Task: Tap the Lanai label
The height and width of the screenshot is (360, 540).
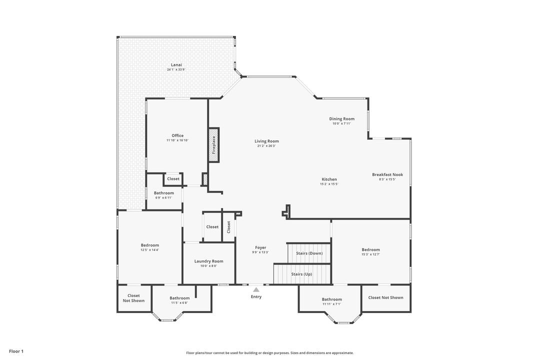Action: tap(176, 64)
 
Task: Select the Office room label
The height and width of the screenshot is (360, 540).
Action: tap(177, 135)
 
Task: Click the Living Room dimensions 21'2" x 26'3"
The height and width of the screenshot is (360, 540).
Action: tap(266, 146)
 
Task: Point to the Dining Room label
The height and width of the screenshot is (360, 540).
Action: tap(341, 119)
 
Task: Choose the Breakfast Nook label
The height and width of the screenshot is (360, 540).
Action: tap(387, 174)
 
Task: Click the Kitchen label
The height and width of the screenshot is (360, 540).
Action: tap(329, 179)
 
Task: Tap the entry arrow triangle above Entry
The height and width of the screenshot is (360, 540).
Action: tap(256, 289)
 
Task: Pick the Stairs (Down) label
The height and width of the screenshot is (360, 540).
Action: tap(309, 253)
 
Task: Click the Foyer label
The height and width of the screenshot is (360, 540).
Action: tap(260, 247)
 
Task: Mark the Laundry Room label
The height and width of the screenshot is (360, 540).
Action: tap(208, 261)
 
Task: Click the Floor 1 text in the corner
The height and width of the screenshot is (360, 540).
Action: tap(16, 351)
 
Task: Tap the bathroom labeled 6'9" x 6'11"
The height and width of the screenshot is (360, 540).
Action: tap(163, 193)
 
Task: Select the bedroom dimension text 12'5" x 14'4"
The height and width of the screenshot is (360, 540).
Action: tap(149, 249)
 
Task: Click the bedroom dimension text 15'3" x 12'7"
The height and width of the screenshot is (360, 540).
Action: tap(370, 254)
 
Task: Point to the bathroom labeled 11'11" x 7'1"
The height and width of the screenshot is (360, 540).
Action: tap(331, 299)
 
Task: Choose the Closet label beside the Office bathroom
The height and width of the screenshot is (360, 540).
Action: tap(173, 178)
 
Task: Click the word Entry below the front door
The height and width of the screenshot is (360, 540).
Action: tap(256, 297)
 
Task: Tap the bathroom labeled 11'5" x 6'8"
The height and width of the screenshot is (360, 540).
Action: tap(179, 298)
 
